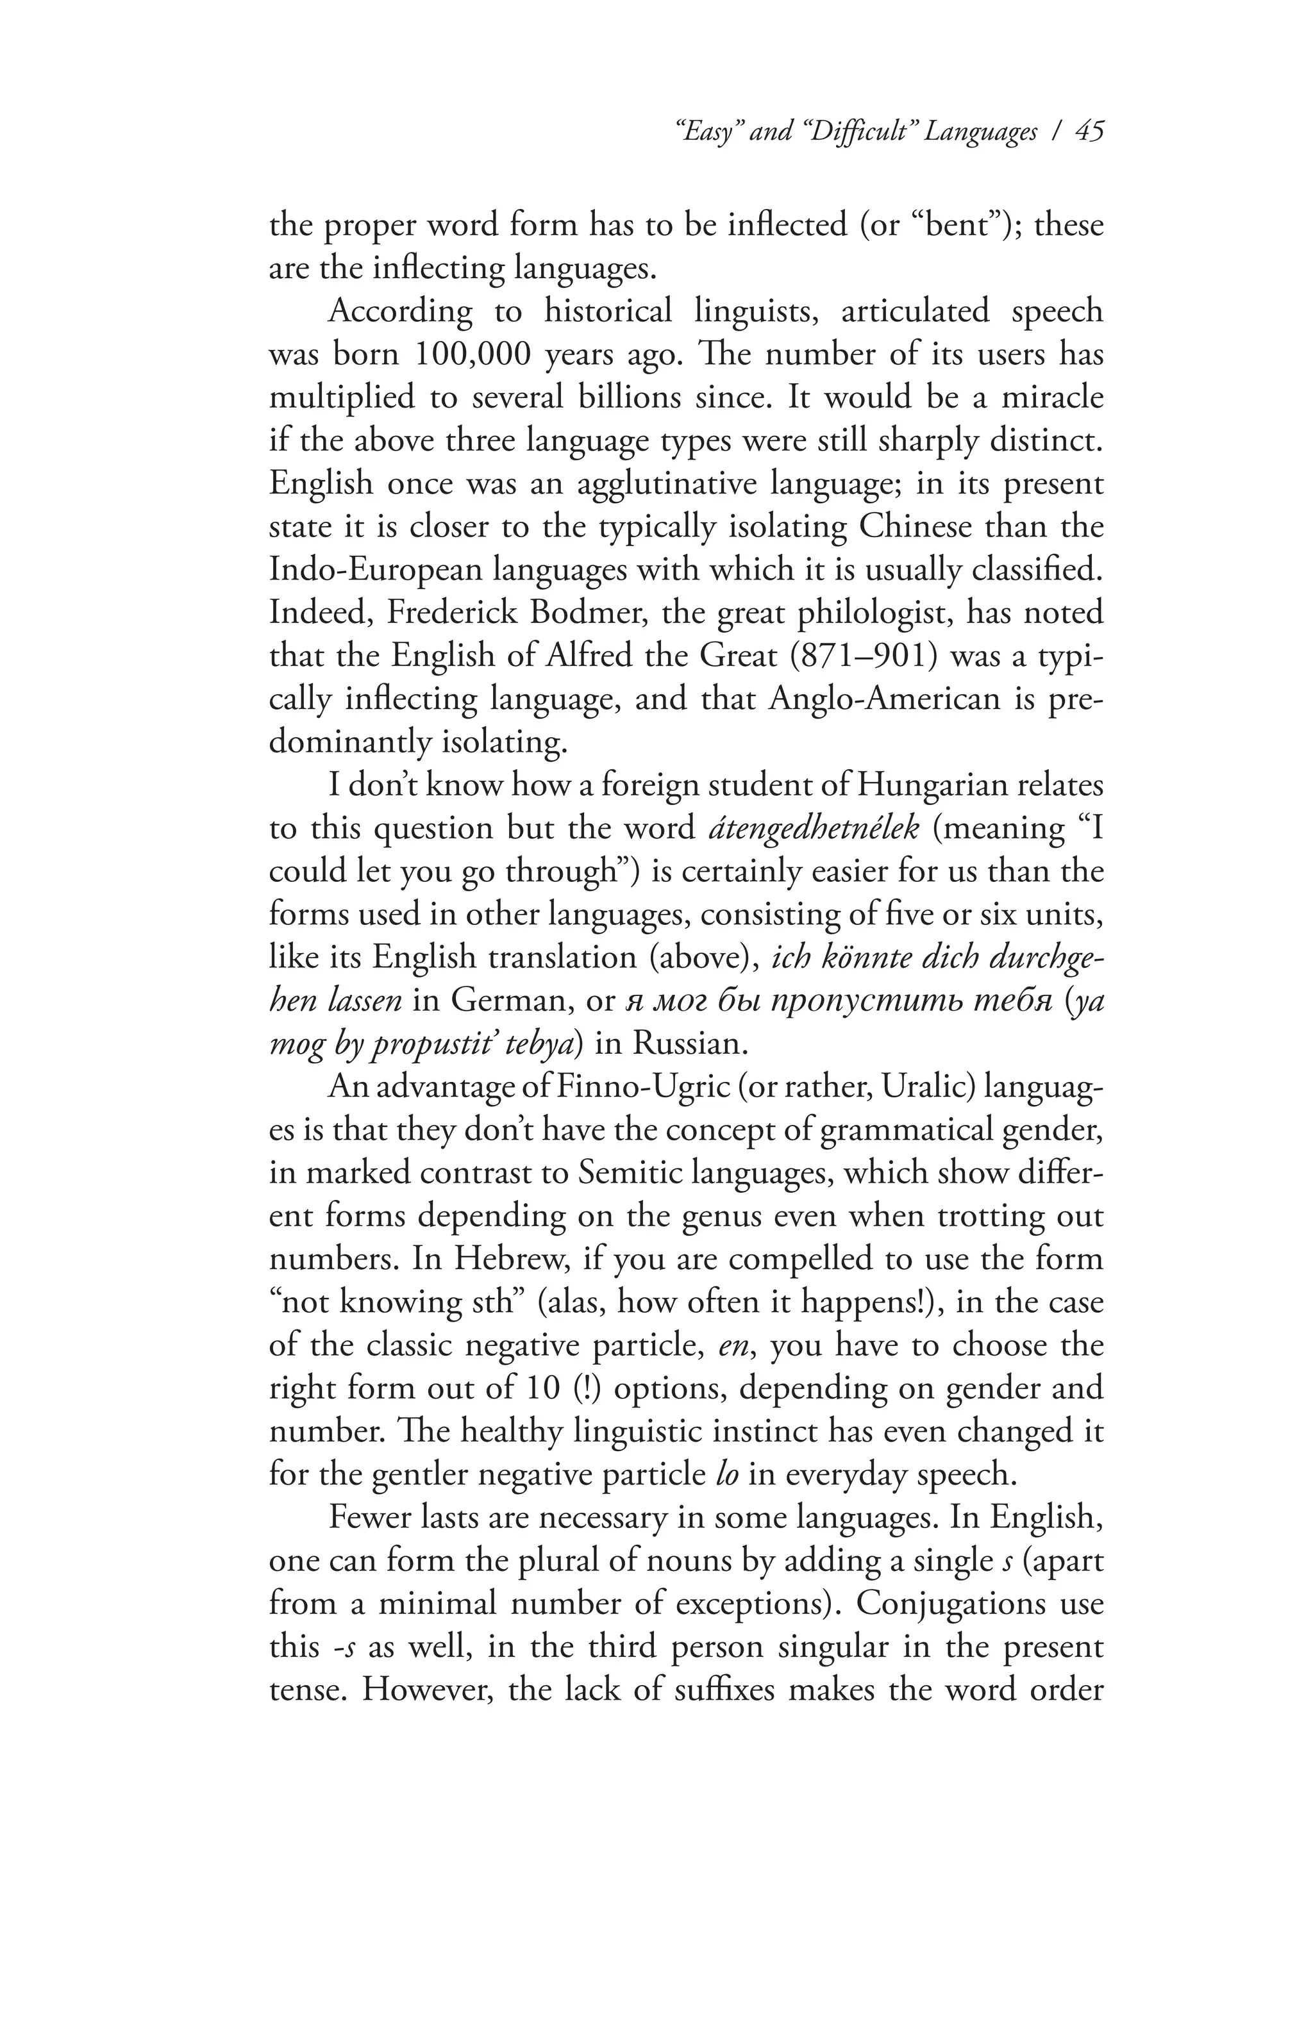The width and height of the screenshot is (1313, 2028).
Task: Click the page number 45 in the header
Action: point(1088,132)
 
